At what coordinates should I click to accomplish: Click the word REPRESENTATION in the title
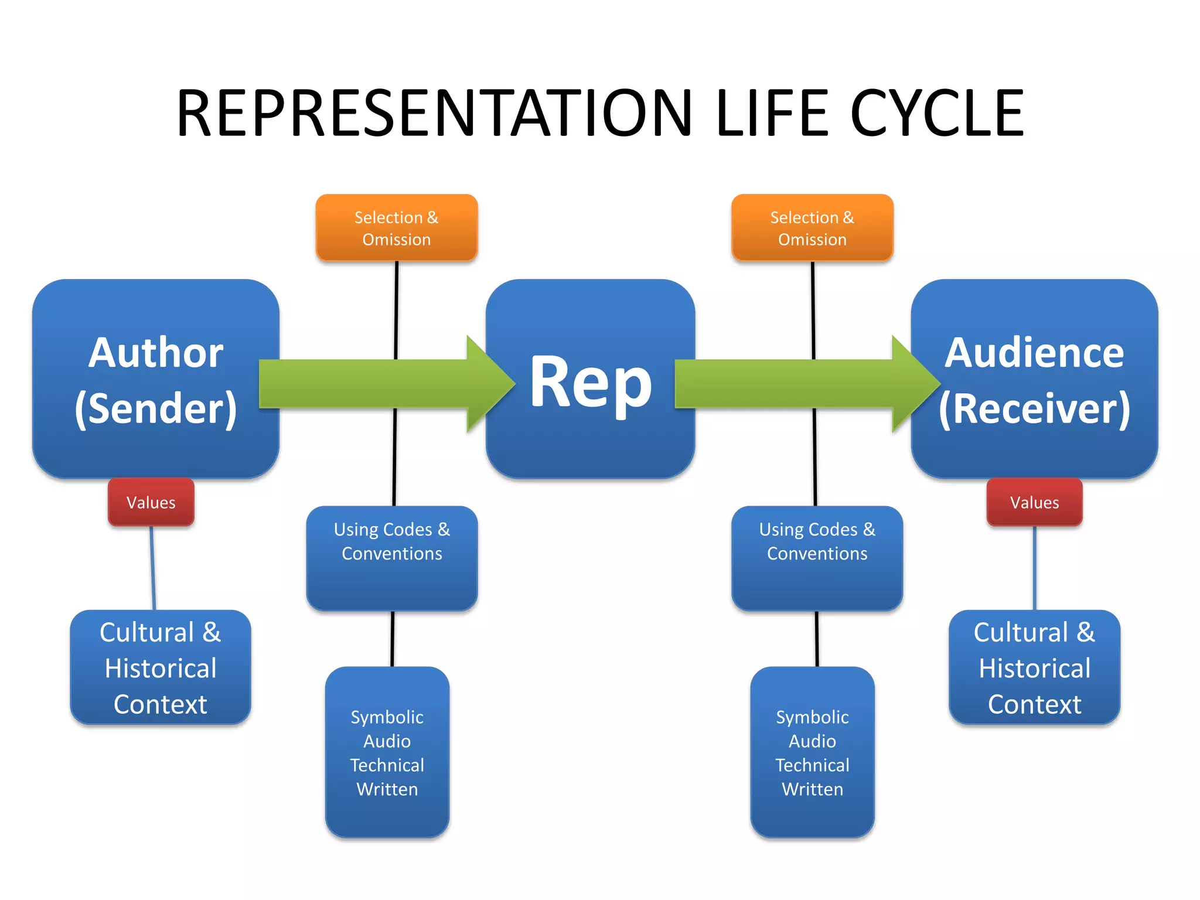[434, 112]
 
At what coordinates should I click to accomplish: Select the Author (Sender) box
[155, 328]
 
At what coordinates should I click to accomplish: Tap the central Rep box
[590, 445]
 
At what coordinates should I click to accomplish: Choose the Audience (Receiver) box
[1034, 328]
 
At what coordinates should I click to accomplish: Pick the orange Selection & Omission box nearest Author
[397, 228]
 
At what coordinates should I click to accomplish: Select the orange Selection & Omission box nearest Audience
[812, 228]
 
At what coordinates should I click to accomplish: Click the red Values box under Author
[151, 502]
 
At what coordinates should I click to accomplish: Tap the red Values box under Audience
[1034, 502]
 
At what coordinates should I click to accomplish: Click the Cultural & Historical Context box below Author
[161, 667]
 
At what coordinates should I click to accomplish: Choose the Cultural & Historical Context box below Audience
[1034, 667]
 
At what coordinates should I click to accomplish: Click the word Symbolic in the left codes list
[387, 717]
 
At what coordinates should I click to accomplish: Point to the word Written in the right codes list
[812, 789]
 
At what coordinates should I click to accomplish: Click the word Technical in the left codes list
[387, 765]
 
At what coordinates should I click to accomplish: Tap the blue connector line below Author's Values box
[153, 568]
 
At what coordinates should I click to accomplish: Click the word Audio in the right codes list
[812, 741]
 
